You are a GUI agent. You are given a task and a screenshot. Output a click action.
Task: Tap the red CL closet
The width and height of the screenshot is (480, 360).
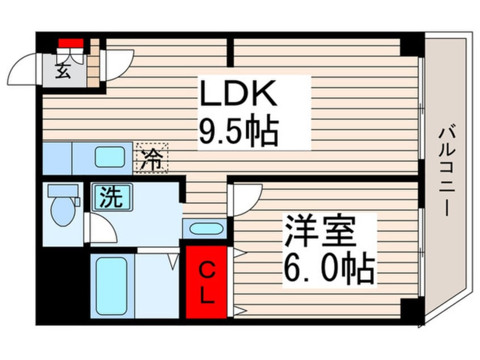click(207, 282)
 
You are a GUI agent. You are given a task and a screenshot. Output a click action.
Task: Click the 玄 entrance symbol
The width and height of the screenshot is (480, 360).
click(63, 72)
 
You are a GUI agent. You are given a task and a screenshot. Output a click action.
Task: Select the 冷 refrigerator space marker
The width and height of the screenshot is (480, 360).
click(151, 157)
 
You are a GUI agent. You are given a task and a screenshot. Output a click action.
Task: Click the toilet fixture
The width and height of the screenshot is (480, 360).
click(62, 210)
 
